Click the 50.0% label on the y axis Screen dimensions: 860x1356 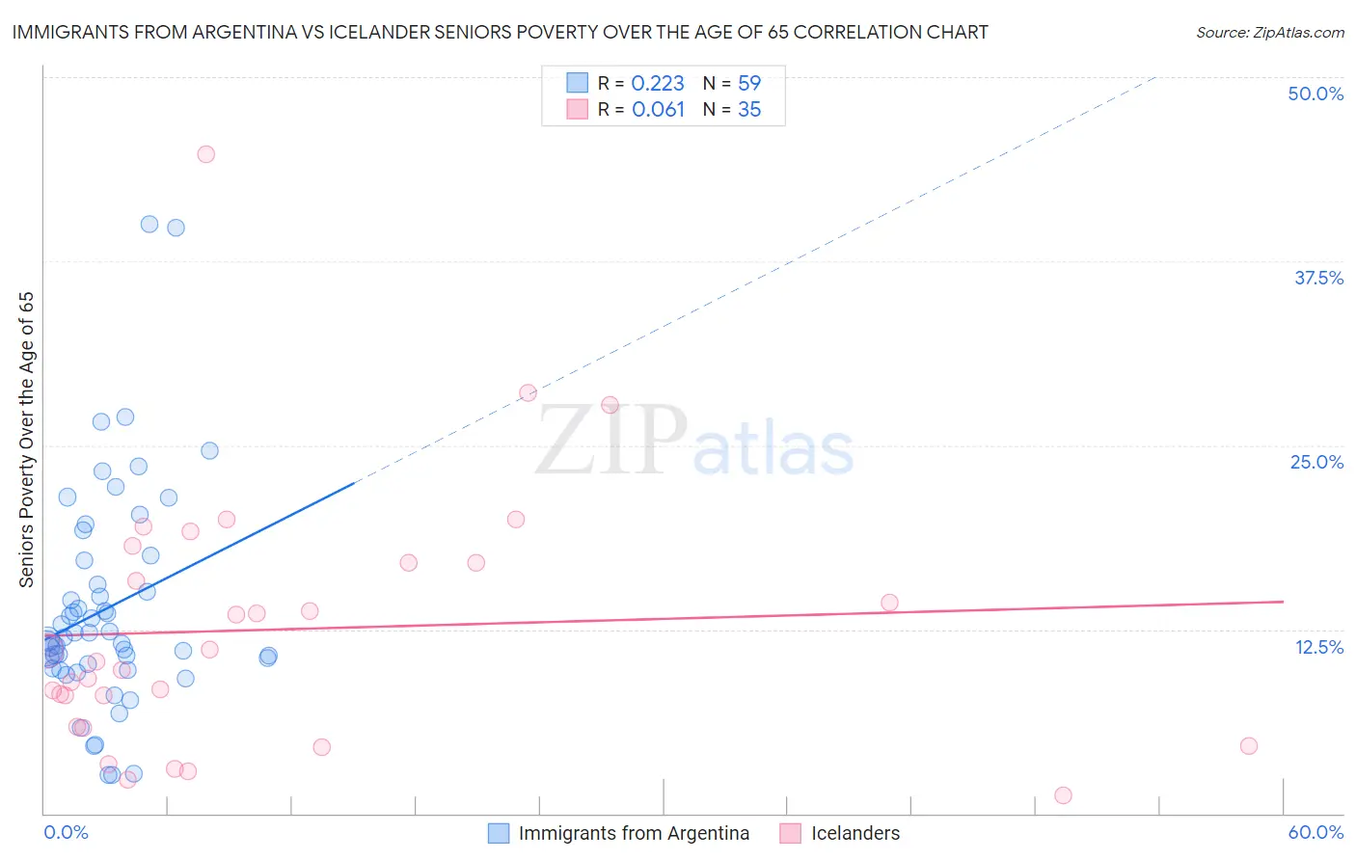[1315, 94]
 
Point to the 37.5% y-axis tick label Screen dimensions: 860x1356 [1318, 278]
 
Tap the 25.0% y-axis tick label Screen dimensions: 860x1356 [1316, 462]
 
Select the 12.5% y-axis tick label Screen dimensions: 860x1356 [1318, 647]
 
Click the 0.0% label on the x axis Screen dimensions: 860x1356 [66, 832]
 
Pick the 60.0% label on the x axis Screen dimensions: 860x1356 [1315, 832]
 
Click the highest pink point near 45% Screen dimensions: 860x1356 [205, 154]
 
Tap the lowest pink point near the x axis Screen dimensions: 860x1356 [1063, 795]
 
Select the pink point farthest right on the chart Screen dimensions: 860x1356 [1249, 745]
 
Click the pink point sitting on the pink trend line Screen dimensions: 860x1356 [889, 603]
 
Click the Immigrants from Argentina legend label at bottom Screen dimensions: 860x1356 [634, 833]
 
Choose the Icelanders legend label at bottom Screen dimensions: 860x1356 [855, 833]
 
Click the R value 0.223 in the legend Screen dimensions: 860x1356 [658, 84]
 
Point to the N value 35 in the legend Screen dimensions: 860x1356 [749, 110]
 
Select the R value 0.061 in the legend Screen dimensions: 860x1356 [658, 110]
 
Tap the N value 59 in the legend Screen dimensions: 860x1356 [749, 84]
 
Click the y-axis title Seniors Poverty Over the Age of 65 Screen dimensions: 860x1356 [27, 440]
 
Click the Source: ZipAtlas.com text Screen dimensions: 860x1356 [1269, 33]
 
